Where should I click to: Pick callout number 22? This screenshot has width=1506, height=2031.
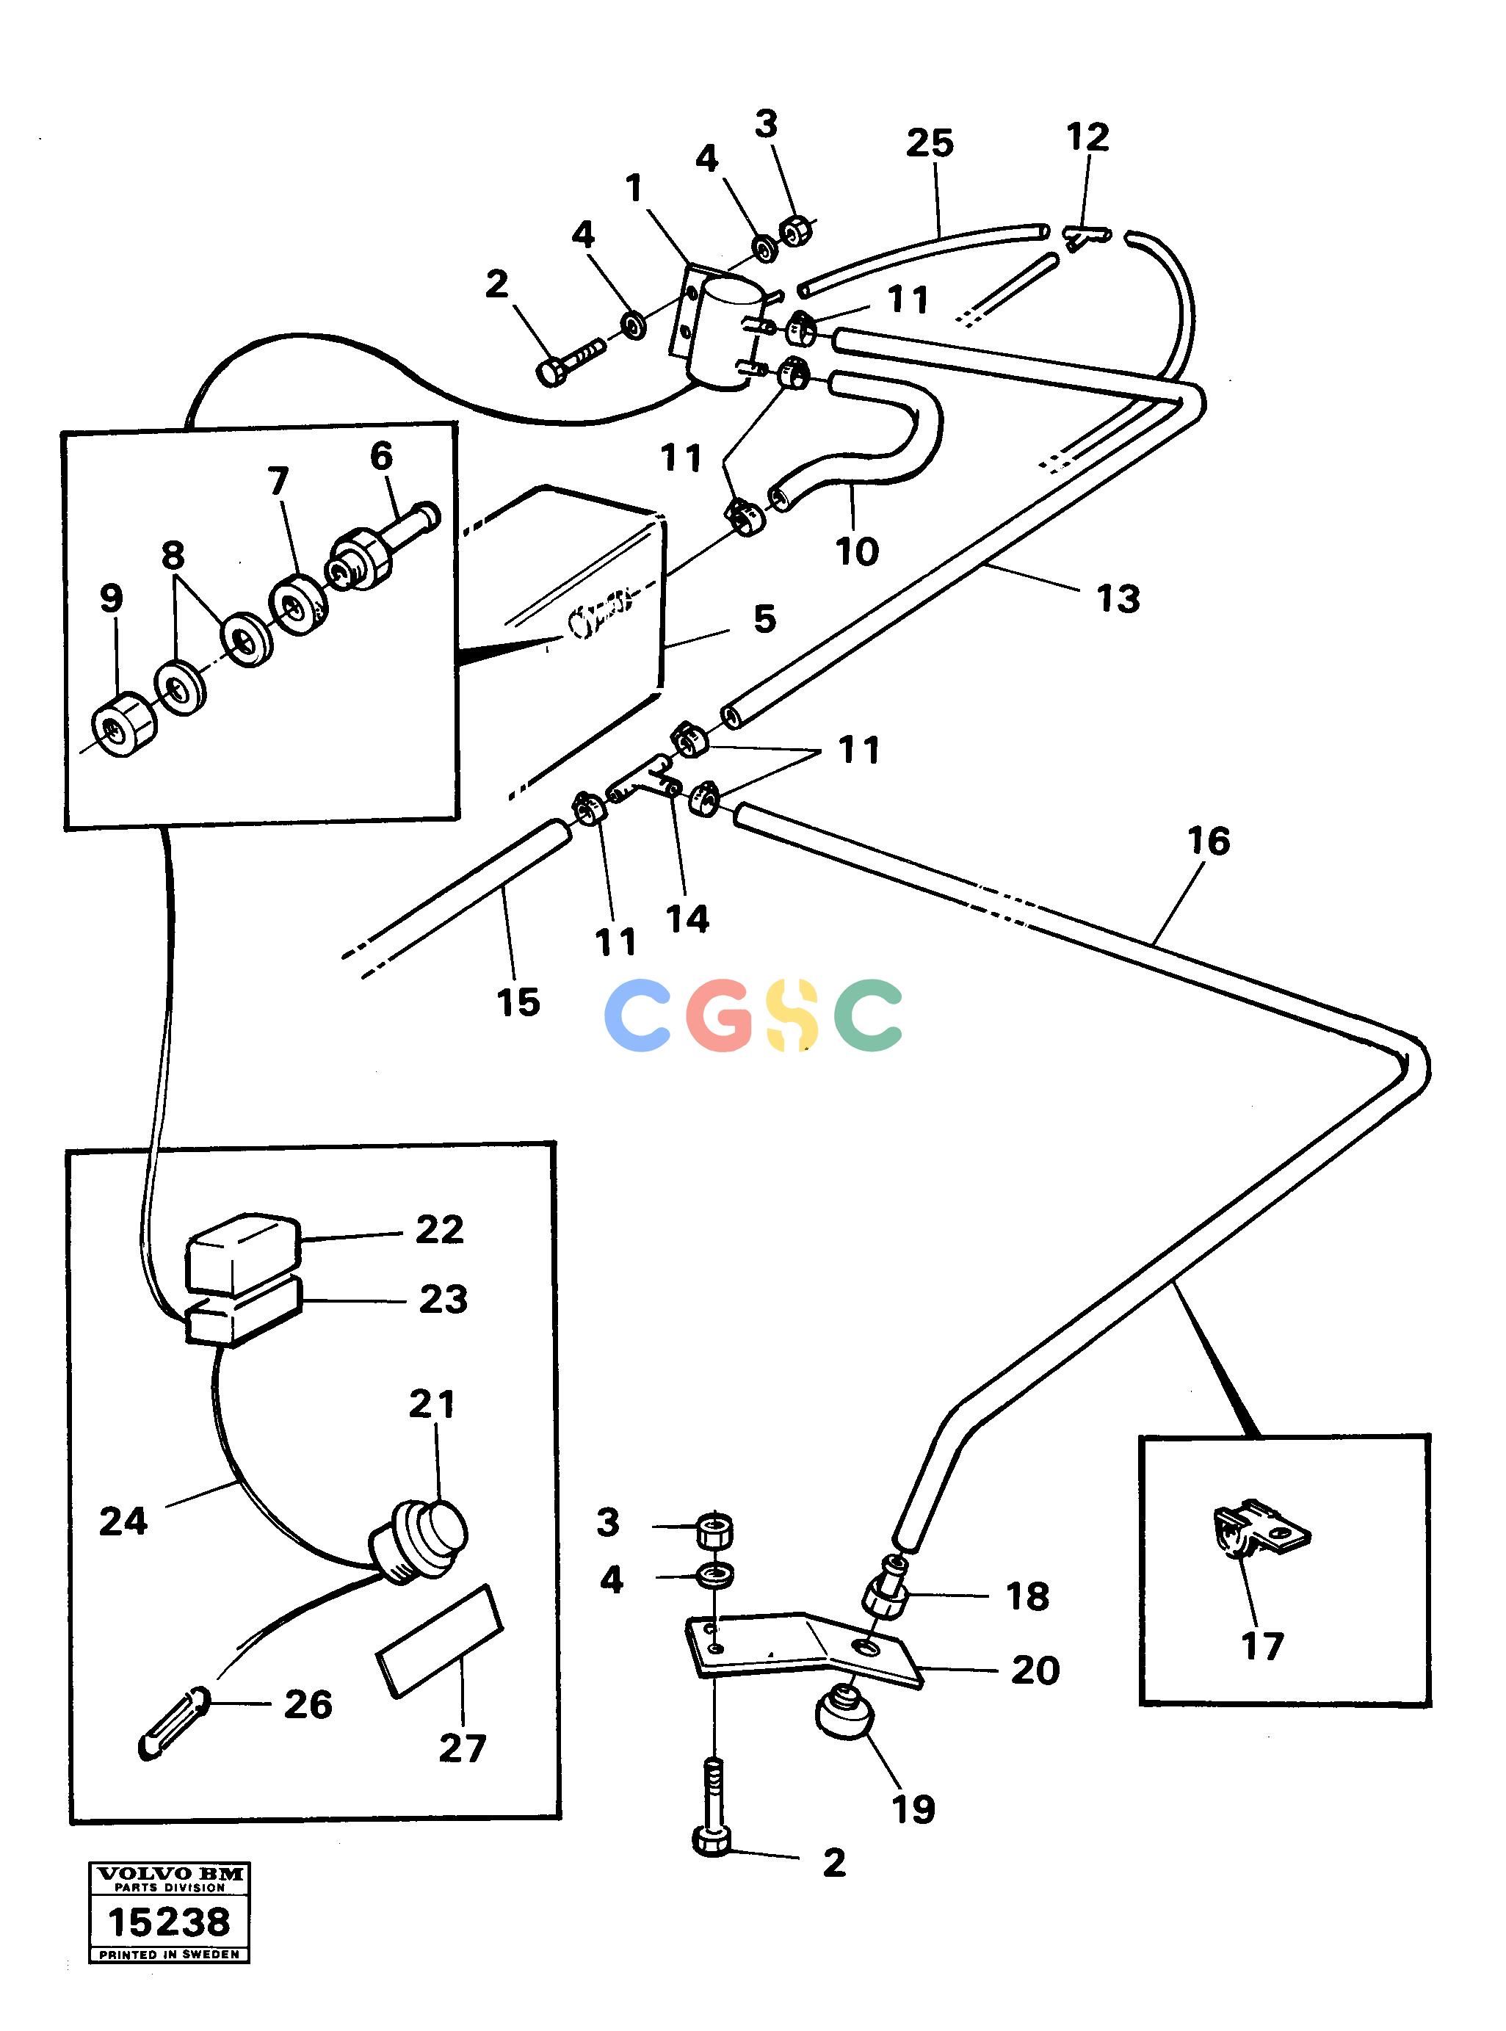pos(439,1229)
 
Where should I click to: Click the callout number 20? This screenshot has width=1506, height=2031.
pos(1035,1670)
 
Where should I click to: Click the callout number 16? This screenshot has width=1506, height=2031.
pos(1209,841)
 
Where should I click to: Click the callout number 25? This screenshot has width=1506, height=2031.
pos(930,142)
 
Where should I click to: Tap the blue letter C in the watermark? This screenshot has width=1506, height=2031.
pos(639,1015)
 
